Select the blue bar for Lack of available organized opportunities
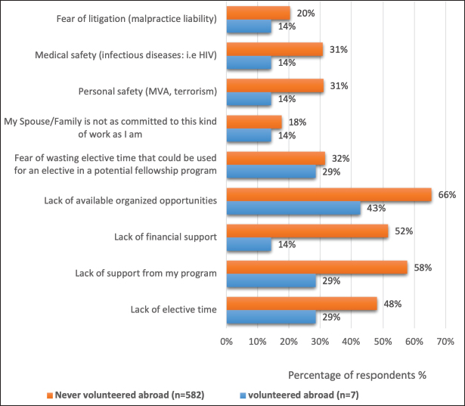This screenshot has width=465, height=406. pos(293,208)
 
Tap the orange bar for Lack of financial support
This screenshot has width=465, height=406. pos(307,231)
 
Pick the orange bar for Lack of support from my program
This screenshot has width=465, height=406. pos(317,268)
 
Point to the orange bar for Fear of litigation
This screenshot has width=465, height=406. pos(258,13)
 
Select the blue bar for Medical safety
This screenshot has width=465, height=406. pos(249,64)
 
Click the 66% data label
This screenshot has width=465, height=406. pos(447,194)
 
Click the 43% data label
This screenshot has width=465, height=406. pos(375,208)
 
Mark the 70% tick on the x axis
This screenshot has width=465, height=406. pos(444,342)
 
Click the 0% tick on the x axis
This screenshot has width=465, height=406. pos(227,342)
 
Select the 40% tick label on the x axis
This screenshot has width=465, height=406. pos(351,342)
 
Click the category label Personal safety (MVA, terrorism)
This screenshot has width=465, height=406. pos(148,92)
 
